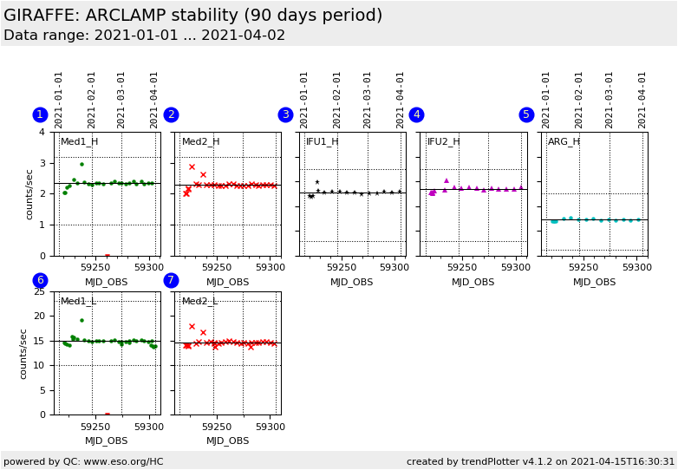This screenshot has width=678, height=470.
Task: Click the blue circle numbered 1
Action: coord(40,115)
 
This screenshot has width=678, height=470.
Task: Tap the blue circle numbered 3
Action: coord(285,115)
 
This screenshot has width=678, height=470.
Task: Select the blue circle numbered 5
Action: coord(526,115)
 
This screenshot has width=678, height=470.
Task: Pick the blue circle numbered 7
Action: coord(171,280)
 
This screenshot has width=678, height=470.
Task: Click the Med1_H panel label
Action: coord(79,142)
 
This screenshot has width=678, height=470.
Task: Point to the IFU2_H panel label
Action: coord(443,142)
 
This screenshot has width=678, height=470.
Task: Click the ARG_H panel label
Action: coord(564,142)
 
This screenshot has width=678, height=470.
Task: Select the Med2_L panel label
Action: coord(200,302)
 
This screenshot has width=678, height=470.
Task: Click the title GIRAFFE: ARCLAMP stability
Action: coord(192,16)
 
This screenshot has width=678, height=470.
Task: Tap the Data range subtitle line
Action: coord(144,36)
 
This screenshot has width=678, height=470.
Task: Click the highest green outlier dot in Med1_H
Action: coord(81,164)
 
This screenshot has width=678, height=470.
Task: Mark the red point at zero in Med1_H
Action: coord(107,256)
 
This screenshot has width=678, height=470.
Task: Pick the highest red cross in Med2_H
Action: coord(192,166)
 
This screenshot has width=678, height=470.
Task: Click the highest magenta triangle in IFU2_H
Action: coord(447,180)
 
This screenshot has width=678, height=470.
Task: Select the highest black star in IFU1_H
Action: coord(316,182)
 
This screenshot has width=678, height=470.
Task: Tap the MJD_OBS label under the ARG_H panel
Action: coord(594,282)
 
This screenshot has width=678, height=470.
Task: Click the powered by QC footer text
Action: coord(83,461)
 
